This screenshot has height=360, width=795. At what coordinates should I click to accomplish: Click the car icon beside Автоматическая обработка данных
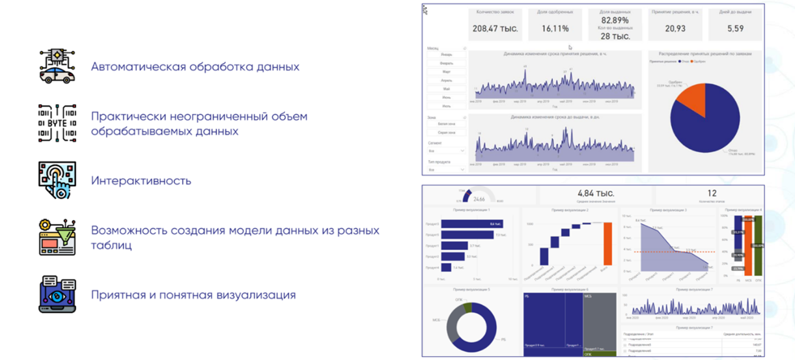[57, 66]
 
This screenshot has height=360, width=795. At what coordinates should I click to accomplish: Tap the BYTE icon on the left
[57, 123]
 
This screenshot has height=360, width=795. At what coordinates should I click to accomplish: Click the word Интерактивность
[141, 180]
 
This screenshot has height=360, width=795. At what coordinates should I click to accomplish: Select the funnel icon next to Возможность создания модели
[57, 237]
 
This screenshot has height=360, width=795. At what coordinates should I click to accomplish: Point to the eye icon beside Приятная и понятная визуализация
[57, 294]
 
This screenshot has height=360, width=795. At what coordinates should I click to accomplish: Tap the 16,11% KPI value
[555, 29]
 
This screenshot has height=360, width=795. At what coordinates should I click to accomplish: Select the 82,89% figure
[615, 21]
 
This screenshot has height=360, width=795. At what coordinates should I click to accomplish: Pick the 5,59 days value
[735, 29]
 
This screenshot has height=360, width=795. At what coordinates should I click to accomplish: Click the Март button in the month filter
[446, 72]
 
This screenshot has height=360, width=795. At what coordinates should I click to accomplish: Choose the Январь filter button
[446, 55]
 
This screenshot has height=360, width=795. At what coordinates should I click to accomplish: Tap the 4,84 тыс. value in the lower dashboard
[596, 193]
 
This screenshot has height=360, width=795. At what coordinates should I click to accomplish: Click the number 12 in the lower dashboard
[712, 193]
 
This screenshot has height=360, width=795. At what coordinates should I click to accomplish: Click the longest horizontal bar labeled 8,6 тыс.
[473, 224]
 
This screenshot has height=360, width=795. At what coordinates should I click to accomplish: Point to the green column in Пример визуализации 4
[757, 246]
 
